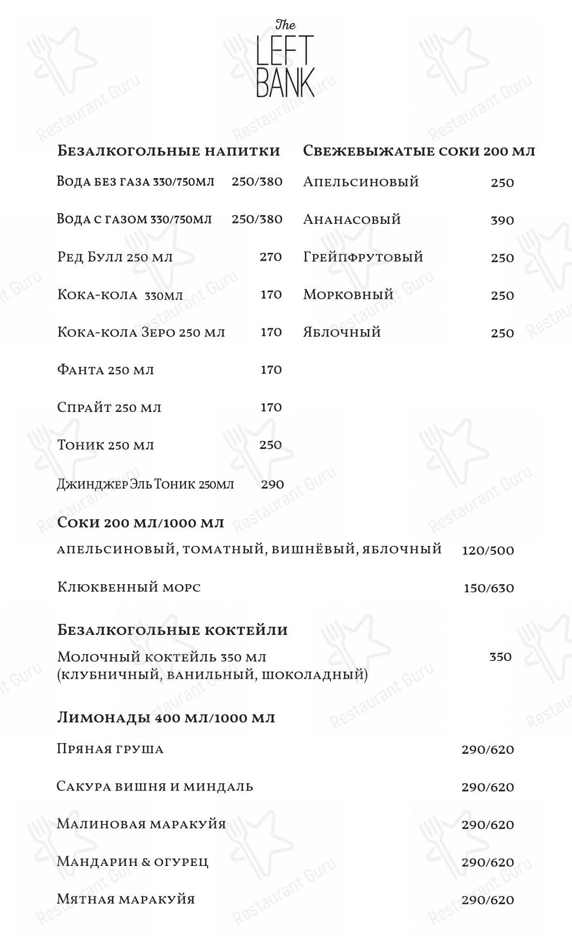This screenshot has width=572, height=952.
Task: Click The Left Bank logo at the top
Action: pos(285,59)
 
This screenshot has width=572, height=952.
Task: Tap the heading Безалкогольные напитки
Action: pos(168,151)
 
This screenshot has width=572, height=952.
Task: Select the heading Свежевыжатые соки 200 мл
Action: pos(419,151)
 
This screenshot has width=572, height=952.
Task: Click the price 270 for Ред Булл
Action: pos(271,257)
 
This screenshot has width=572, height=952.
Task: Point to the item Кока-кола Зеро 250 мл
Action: pos(141,333)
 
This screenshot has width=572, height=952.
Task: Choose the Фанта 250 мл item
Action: pos(105,370)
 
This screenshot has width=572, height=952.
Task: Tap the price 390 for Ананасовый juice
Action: pos(502,220)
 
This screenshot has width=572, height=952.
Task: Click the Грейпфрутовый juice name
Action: pos(363,257)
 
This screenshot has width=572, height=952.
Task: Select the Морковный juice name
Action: pos(348,294)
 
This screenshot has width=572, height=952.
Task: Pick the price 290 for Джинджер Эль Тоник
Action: pos(272,484)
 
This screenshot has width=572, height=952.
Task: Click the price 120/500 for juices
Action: pos(488,551)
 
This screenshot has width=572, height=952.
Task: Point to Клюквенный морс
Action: pos(129,587)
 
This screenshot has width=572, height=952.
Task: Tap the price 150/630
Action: pos(488,588)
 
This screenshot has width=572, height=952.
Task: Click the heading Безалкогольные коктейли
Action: pos(172,630)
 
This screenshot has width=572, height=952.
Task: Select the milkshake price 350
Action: pos(500,657)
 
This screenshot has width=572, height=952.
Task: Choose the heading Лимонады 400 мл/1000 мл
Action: pos(166,718)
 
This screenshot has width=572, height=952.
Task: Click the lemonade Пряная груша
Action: pos(110,749)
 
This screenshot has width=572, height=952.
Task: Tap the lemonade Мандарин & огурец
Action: pos(132,862)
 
